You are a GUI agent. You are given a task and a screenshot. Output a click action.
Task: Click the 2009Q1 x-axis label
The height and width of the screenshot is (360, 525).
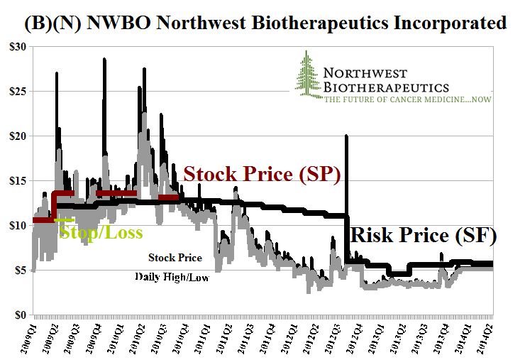[32, 337]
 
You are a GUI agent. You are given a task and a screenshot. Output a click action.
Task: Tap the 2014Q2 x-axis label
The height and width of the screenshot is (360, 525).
[487, 337]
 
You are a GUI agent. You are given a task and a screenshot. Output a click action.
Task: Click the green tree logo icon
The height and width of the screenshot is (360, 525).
[306, 74]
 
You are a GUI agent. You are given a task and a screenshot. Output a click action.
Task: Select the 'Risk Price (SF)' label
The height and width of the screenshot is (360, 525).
[424, 235]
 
